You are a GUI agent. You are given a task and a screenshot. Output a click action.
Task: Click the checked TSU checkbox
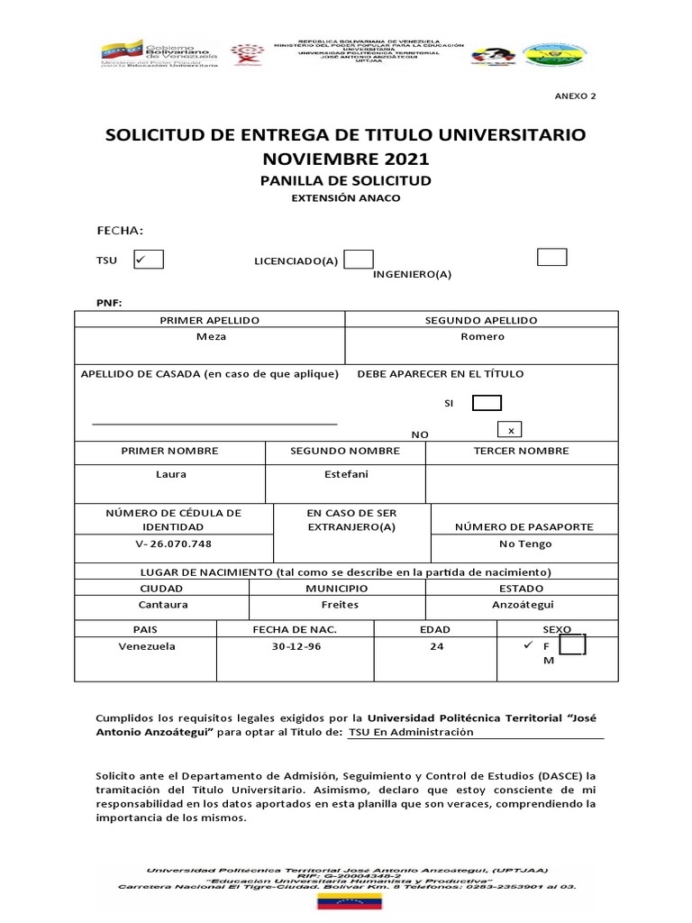pyautogui.click(x=148, y=260)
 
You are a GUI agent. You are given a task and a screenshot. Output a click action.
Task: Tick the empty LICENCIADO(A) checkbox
pyautogui.click(x=359, y=260)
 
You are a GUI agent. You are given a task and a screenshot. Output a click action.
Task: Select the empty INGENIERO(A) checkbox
pyautogui.click(x=551, y=257)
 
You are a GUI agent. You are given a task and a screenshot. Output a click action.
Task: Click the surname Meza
pyautogui.click(x=211, y=336)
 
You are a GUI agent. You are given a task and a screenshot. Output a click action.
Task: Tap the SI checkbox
pyautogui.click(x=487, y=403)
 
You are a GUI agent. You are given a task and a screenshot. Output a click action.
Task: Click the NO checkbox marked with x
pyautogui.click(x=512, y=430)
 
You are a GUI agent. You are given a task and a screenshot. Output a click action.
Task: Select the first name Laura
pyautogui.click(x=170, y=474)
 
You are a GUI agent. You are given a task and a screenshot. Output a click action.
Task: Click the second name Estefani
pyautogui.click(x=345, y=473)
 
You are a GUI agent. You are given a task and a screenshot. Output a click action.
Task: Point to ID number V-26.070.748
pyautogui.click(x=173, y=544)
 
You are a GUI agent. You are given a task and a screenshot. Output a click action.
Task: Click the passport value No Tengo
pyautogui.click(x=524, y=544)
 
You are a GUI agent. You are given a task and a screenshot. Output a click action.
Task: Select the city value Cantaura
pyautogui.click(x=162, y=605)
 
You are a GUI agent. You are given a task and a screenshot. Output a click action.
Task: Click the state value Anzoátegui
pyautogui.click(x=523, y=605)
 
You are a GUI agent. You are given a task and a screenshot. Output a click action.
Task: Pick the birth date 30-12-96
pyautogui.click(x=295, y=646)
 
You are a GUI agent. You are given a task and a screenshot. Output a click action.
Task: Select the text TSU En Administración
pyautogui.click(x=411, y=733)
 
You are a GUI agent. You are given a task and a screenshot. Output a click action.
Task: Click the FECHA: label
pyautogui.click(x=121, y=231)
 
